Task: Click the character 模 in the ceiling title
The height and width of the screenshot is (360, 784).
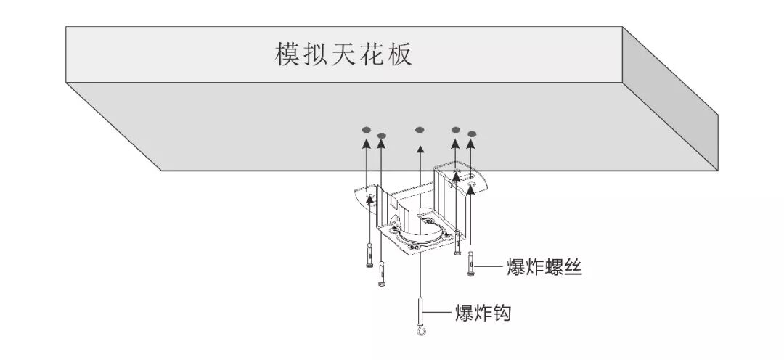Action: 287,54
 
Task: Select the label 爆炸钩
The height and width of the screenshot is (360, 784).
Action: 483,314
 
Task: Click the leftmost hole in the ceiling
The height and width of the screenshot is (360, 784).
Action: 367,131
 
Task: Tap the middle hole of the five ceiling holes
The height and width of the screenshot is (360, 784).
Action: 419,131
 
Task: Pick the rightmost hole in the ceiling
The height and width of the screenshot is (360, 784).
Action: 472,134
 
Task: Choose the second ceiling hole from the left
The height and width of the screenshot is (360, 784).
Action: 383,135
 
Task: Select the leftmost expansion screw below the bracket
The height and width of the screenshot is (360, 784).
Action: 369,256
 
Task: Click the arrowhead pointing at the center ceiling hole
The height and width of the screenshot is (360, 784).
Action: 419,150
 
